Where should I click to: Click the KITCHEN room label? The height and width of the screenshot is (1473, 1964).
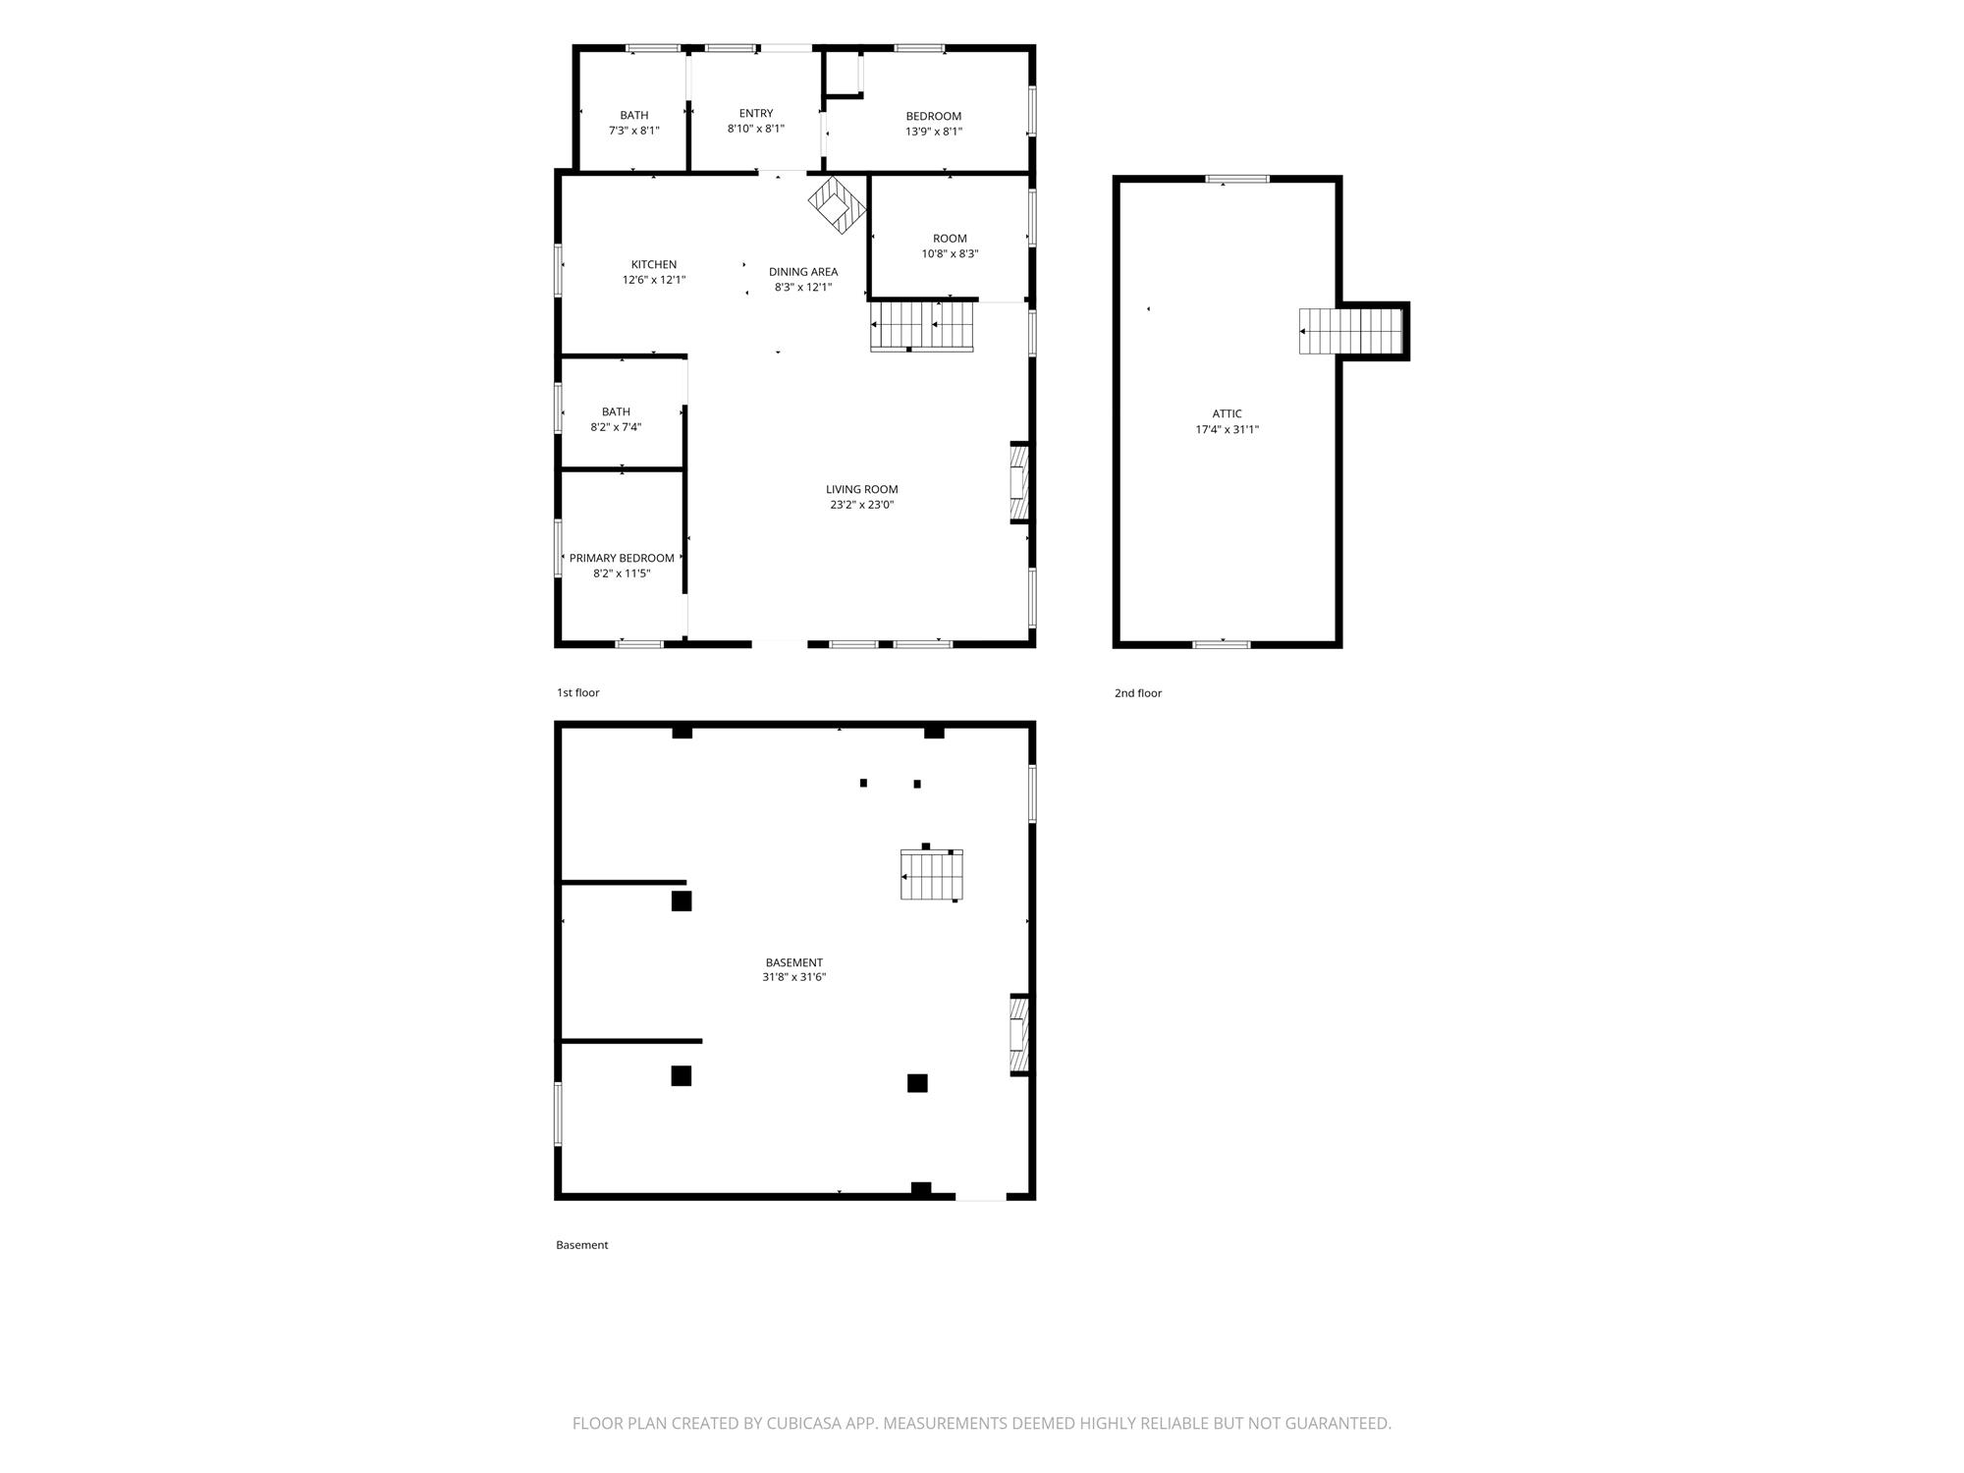click(654, 264)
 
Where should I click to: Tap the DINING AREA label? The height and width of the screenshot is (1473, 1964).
click(803, 272)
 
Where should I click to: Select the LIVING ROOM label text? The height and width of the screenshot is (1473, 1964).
click(862, 489)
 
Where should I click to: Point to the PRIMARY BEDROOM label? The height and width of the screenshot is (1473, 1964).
click(622, 558)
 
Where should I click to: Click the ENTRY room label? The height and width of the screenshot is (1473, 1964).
click(756, 113)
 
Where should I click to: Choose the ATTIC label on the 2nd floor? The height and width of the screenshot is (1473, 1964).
click(1227, 413)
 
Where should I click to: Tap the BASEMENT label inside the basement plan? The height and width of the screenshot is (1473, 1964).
click(794, 962)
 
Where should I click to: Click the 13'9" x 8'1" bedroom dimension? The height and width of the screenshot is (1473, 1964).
click(934, 132)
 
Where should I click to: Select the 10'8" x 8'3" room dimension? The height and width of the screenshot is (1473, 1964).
click(950, 254)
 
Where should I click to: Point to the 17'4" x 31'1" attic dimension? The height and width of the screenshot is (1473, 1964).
click(1227, 429)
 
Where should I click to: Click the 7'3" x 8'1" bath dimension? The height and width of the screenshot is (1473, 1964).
click(634, 131)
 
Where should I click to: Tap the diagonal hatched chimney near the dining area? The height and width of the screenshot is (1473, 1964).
click(838, 204)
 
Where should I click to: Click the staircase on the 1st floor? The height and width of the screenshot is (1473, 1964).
click(921, 326)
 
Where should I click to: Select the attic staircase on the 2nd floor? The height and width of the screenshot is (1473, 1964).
click(1351, 331)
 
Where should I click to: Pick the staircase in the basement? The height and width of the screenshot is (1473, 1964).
click(931, 874)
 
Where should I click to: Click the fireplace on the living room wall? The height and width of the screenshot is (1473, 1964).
click(1019, 483)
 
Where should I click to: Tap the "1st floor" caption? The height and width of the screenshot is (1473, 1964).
click(578, 692)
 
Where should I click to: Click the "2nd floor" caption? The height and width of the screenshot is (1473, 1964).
click(1138, 693)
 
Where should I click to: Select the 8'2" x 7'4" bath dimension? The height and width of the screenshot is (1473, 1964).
click(616, 427)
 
